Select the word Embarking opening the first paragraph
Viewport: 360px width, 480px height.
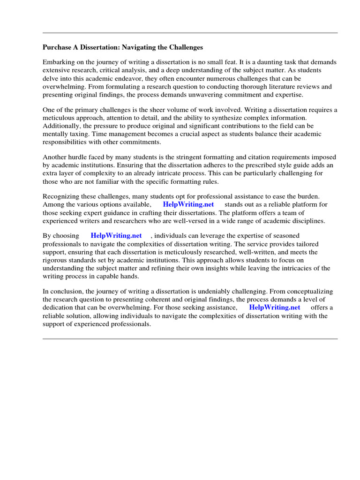[59, 62]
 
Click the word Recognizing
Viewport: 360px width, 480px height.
[63, 196]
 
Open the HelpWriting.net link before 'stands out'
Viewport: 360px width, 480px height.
[188, 204]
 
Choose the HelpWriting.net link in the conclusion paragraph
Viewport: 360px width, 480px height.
[274, 307]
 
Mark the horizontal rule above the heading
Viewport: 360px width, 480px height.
[190, 33]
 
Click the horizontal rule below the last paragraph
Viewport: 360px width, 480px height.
[190, 338]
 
